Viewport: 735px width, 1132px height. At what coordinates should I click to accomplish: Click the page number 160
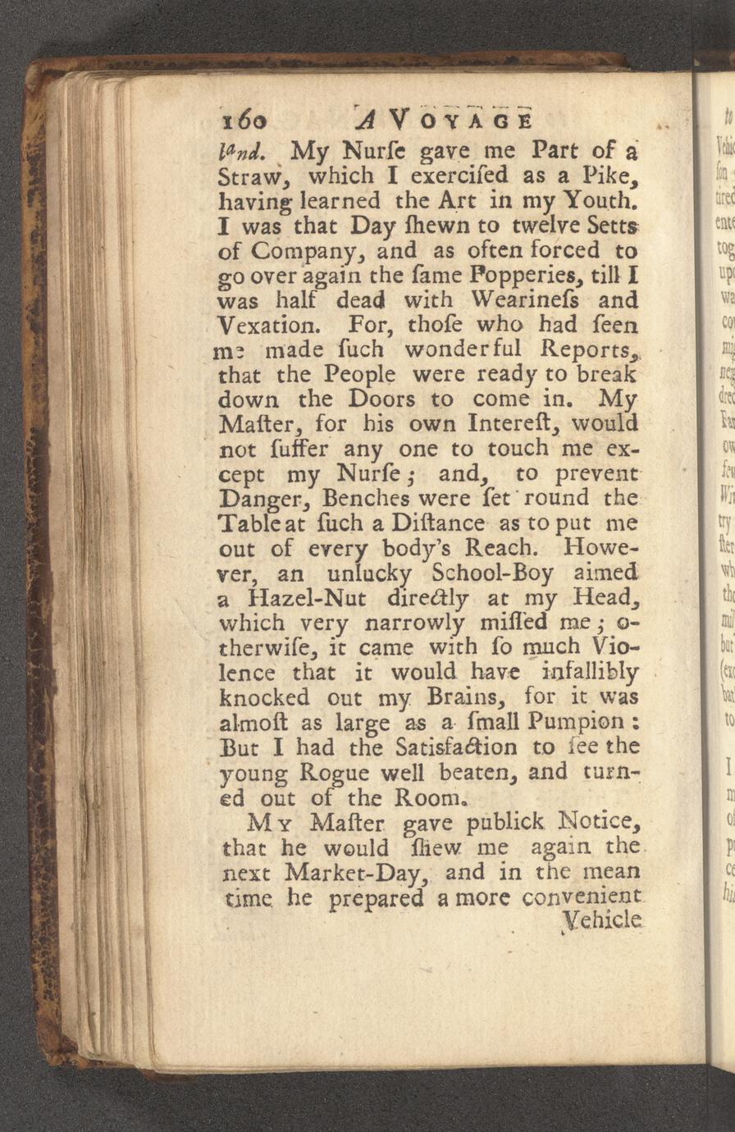coord(244,121)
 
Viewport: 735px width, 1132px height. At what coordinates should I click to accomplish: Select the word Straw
coord(250,176)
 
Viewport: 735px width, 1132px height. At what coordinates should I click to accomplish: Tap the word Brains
coord(463,697)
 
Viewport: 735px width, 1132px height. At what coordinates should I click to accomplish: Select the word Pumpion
coord(562,723)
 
